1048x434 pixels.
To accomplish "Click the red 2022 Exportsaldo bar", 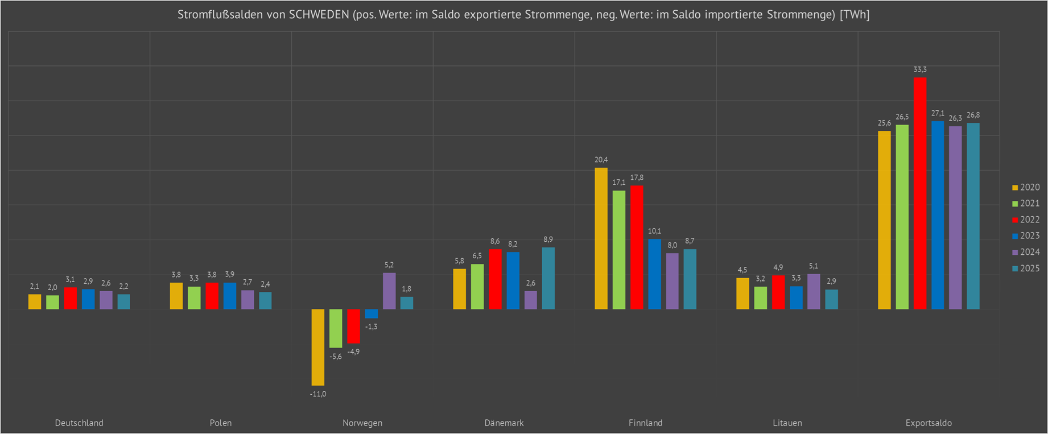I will tap(920, 193).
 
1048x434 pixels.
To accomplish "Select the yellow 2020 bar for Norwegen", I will tap(318, 347).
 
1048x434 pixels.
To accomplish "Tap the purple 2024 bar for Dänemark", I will tap(531, 300).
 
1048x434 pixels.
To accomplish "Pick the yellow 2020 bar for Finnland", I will tap(601, 239).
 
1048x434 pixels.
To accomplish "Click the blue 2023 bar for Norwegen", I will tap(372, 313).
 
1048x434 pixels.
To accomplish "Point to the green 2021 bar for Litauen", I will tap(760, 298).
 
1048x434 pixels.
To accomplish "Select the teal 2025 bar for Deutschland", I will tap(123, 301).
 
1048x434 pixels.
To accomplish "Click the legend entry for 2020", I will tap(1026, 187).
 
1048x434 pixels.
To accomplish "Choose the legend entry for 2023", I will tap(1026, 235).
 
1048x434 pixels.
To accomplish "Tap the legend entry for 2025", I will tap(1026, 268).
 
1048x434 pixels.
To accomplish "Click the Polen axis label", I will tap(221, 423).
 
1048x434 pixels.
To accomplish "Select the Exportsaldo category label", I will tap(929, 423).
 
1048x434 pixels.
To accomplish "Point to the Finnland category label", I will tap(646, 423).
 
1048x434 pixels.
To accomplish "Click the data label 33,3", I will tap(920, 69).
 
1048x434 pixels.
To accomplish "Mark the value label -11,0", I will tap(318, 394).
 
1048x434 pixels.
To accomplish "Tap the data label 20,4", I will tap(601, 160).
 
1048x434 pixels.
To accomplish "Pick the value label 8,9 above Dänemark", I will tap(548, 239).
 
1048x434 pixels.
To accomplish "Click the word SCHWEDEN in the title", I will tap(319, 15).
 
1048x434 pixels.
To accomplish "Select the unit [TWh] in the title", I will tap(855, 15).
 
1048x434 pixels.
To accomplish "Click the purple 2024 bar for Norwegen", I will tap(389, 291).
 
